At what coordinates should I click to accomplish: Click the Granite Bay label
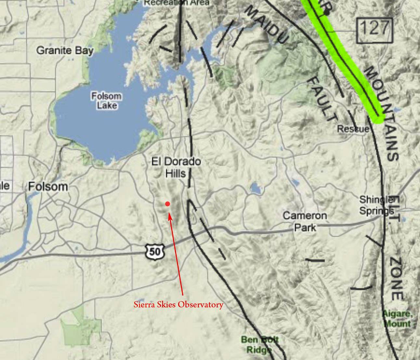click(x=65, y=51)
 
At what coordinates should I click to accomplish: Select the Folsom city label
click(x=48, y=186)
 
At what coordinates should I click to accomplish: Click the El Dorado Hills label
click(x=176, y=167)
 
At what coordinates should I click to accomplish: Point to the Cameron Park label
click(x=305, y=221)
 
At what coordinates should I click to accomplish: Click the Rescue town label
click(x=353, y=129)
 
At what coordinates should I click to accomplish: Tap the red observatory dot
click(x=167, y=204)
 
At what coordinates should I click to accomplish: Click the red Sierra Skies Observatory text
click(x=178, y=305)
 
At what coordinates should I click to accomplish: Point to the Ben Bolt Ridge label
click(x=260, y=345)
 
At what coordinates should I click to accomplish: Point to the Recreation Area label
click(x=177, y=3)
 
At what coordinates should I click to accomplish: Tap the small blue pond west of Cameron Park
click(x=255, y=188)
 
